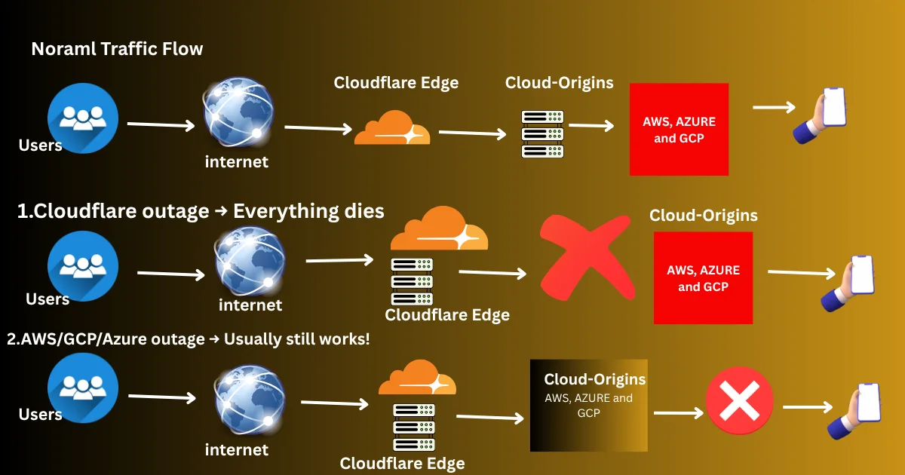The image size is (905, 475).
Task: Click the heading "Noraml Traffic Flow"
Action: (117, 50)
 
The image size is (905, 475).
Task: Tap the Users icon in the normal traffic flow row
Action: (82, 118)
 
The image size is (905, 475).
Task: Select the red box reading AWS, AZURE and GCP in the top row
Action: (679, 129)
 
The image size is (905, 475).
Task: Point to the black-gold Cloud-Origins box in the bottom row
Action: (589, 405)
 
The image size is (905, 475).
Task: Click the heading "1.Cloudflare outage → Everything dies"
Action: (201, 211)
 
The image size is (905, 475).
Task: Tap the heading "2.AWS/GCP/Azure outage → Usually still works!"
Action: (189, 339)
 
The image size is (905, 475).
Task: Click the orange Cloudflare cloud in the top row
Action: (392, 128)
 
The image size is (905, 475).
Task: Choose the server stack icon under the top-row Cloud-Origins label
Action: (543, 133)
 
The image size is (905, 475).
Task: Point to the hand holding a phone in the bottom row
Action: (855, 410)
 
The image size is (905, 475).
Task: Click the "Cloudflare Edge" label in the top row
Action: (396, 83)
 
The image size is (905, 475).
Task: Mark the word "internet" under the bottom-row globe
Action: (237, 449)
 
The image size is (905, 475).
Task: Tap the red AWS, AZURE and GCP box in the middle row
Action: (703, 277)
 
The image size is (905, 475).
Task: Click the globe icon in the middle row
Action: (250, 261)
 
